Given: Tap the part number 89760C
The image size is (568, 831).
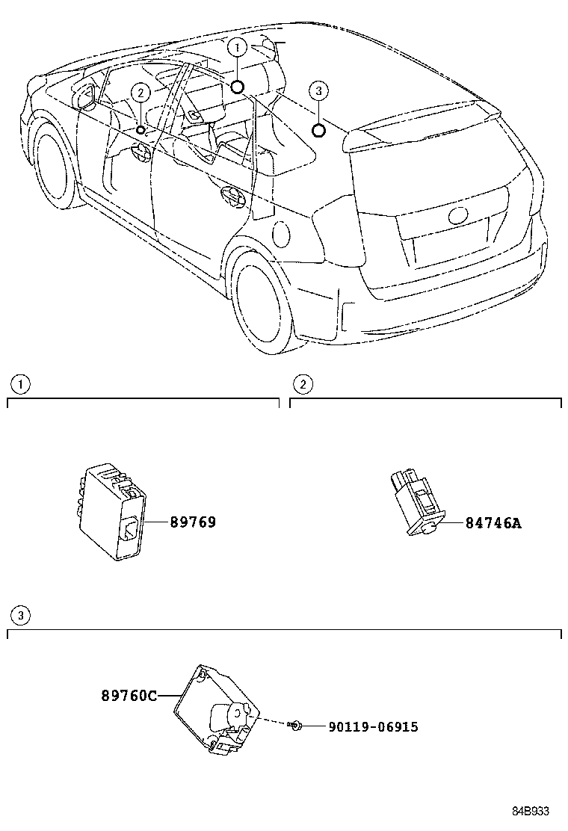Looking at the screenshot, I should tap(129, 696).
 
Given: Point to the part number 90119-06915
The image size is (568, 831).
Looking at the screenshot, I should tap(372, 726).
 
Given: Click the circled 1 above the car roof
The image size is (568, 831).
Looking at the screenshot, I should tap(238, 48).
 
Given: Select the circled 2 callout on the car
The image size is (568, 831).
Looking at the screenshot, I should tap(140, 92).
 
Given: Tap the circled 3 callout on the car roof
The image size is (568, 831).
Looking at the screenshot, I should tap(318, 91).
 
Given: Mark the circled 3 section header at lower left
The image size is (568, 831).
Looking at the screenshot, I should tap(20, 615).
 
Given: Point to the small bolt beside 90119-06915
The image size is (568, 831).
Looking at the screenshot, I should tap(297, 725).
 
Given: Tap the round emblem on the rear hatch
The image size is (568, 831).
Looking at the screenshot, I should tap(457, 216).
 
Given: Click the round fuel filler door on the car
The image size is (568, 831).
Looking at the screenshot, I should tap(282, 234).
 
